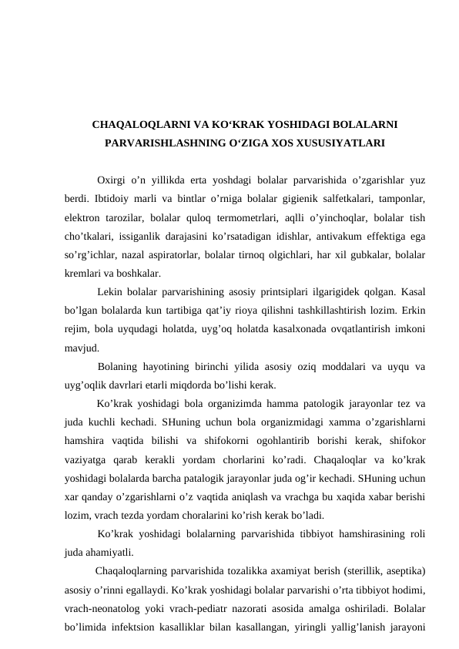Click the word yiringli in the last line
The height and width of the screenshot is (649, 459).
tap(305, 627)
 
